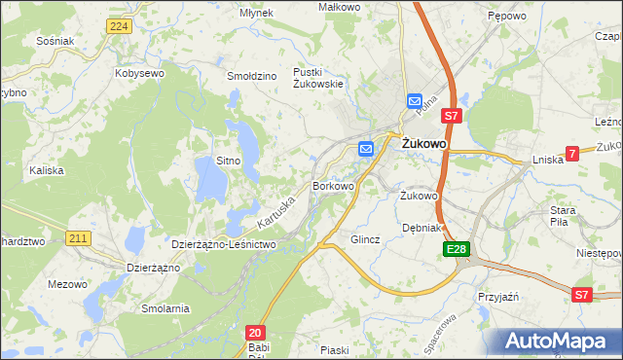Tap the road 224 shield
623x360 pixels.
(x=119, y=25)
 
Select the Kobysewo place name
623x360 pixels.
(x=138, y=73)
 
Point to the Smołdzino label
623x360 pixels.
(x=252, y=75)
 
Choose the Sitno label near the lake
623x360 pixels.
(x=228, y=160)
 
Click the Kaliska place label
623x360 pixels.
(x=46, y=169)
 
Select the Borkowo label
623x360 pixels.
(x=332, y=185)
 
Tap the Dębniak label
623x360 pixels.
(x=422, y=228)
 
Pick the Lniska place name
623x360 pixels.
(x=548, y=160)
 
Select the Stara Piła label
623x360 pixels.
(x=563, y=215)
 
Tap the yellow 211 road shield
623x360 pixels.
(x=80, y=236)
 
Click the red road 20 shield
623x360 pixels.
(x=254, y=332)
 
